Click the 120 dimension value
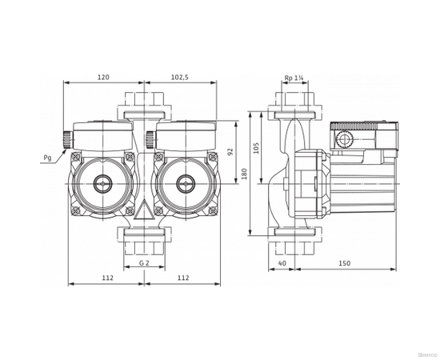point(103,78)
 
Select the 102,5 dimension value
point(179,78)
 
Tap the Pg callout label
point(47,158)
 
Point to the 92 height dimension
point(230,151)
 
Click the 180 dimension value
point(245,174)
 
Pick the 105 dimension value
point(257,147)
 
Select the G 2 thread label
point(143,263)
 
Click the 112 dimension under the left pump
point(107,278)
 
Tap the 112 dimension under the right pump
point(182,278)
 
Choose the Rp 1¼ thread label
point(294,78)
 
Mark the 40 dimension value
point(282,263)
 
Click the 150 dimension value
point(344,263)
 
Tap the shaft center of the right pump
point(185,183)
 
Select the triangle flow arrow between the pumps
point(143,211)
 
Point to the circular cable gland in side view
point(345,141)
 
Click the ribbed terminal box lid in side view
point(363,126)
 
